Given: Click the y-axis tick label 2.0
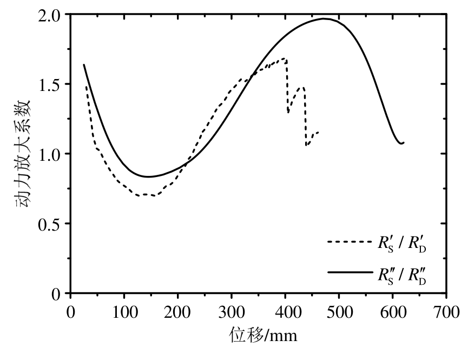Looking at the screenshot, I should point(52,15).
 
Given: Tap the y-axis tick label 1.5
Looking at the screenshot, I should point(52,84).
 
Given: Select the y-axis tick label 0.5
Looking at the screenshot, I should point(52,224).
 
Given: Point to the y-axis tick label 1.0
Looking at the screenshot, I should point(52,154).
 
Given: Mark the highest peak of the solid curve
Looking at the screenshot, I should point(324,19).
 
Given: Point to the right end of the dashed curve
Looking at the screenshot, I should point(318,132).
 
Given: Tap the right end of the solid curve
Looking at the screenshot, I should point(404,142).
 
